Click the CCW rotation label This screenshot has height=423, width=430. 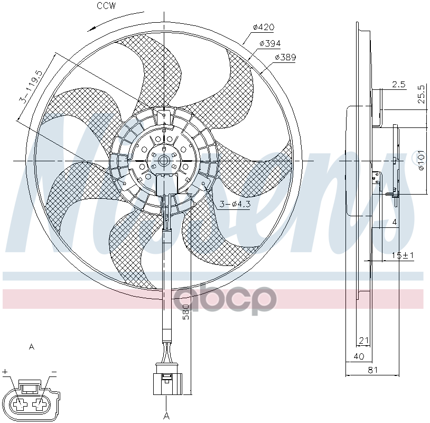[106, 6]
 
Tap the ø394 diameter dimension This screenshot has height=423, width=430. [270, 43]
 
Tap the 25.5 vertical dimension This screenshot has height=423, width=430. [421, 96]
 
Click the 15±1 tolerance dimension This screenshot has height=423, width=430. [402, 255]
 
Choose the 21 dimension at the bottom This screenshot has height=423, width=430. [363, 340]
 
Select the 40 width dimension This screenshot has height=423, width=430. [358, 357]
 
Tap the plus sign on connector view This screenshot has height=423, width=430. [5, 372]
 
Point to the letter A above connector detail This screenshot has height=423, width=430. [31, 347]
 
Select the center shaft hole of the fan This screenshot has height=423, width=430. [163, 160]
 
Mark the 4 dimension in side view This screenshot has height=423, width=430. [394, 223]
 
